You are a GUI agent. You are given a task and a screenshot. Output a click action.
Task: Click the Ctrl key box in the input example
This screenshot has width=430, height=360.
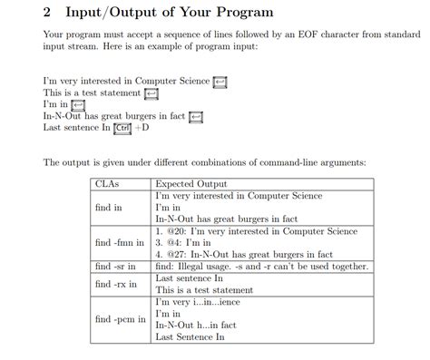coord(122,127)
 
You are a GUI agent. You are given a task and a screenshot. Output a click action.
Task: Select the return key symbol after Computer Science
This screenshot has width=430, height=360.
coord(219,83)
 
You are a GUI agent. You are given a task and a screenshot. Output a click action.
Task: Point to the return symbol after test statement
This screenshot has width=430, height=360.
coord(151,93)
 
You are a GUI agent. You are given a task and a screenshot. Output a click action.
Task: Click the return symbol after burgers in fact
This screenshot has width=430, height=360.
coord(196,115)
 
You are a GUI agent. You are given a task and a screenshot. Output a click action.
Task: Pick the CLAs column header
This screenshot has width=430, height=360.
coord(108,183)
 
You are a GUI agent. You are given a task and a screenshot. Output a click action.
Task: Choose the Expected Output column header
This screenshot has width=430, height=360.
coord(194,183)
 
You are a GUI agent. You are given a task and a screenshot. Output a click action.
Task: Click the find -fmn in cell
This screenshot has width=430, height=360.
coord(121,243)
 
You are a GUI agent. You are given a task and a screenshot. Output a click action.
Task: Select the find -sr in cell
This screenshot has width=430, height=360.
coord(115,267)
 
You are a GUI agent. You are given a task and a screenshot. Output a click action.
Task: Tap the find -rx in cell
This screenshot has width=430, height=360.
coord(115,284)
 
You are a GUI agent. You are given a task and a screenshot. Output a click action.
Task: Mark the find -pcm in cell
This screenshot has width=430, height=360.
coord(120,319)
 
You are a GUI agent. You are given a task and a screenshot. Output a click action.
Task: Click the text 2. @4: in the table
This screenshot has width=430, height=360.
coord(172,243)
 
